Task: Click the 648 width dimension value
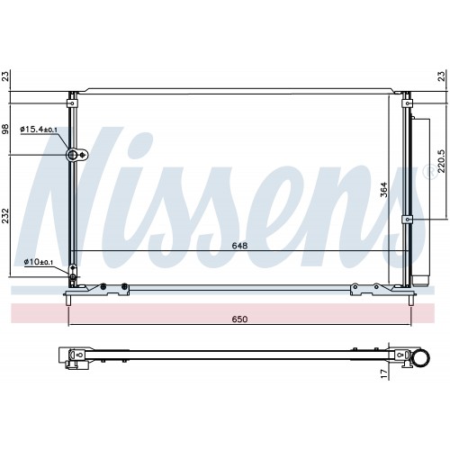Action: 239,246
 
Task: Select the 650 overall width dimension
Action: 239,319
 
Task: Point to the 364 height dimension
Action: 384,190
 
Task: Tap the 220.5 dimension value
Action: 441,161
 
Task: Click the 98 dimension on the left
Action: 6,129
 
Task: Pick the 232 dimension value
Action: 6,216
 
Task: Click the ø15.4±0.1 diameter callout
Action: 39,130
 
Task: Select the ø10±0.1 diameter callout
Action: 39,262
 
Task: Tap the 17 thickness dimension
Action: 384,373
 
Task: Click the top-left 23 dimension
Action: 6,76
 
